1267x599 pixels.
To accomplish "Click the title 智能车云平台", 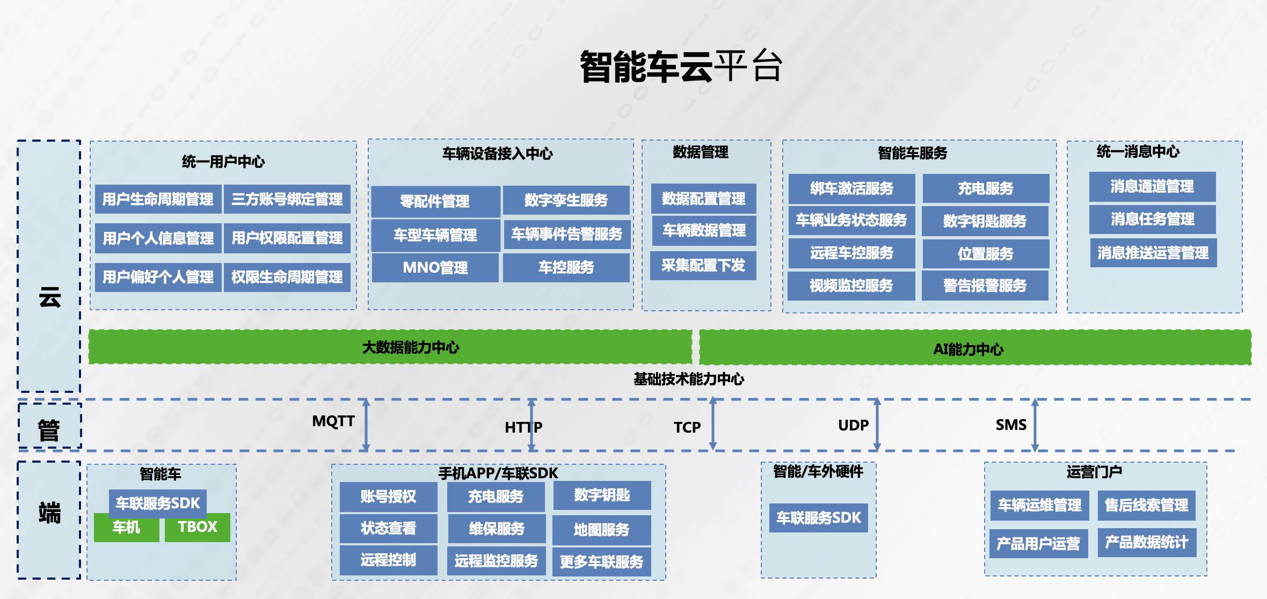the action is coord(681,67).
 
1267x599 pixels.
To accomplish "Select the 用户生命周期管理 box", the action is coord(158,199).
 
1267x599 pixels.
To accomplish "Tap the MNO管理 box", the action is coord(435,267).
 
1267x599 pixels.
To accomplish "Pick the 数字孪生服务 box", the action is coord(566,200).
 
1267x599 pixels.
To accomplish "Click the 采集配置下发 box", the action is coord(703,265).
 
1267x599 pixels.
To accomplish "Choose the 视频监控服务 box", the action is coord(851,286).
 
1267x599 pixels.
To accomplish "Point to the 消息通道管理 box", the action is coord(1152,187).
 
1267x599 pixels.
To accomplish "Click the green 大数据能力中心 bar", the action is coord(390,347).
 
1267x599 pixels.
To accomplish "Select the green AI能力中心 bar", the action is coord(975,348).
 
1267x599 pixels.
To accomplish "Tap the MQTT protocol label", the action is coord(333,421).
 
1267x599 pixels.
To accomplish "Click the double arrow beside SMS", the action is coord(1035,425).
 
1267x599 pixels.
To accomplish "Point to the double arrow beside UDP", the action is coord(877,424).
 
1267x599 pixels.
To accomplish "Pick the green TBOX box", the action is coord(198,527).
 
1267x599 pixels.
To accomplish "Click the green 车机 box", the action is coord(127,528).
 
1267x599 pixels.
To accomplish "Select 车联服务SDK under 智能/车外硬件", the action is coord(819,518).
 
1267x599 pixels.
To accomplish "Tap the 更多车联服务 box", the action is coord(601,562).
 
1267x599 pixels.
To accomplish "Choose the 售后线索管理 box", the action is coord(1147,505).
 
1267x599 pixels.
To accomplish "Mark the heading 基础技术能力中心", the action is coord(689,379).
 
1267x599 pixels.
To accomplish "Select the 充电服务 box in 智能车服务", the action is coord(986,188).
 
